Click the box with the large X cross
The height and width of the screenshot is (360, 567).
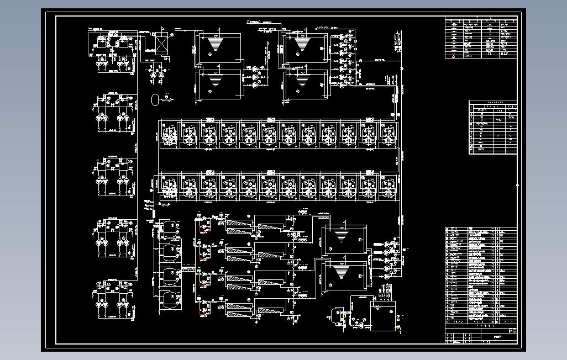(161, 44)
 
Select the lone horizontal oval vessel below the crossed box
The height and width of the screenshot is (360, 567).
(156, 99)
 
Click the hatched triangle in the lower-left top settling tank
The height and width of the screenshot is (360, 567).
(212, 81)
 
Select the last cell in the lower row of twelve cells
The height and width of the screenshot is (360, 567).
(388, 187)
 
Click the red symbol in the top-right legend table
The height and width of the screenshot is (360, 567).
(454, 55)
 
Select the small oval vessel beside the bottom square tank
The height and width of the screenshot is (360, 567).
(334, 315)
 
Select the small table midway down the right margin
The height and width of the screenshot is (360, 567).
(493, 127)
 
